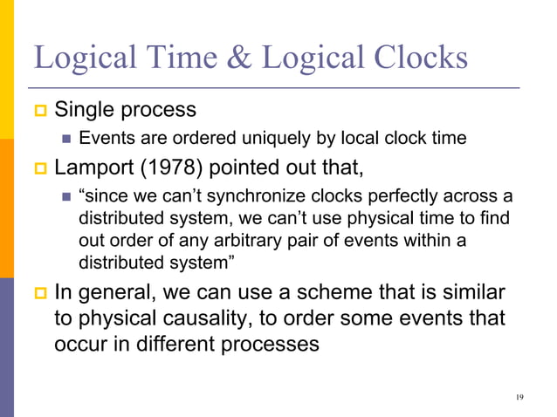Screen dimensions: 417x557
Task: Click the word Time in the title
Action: (x=175, y=58)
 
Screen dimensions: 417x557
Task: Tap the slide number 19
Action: (x=520, y=398)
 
